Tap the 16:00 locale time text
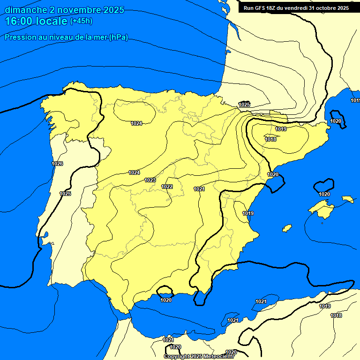[x=36, y=21]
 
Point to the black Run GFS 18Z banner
[x=296, y=8]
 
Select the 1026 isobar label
[x=57, y=164]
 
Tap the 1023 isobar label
[x=150, y=180]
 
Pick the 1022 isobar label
[x=167, y=187]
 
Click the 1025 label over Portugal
[x=65, y=194]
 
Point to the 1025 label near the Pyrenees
[x=244, y=104]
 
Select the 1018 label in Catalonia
[x=270, y=139]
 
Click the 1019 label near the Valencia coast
[x=248, y=214]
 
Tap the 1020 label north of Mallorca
[x=324, y=194]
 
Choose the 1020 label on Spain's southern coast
[x=166, y=300]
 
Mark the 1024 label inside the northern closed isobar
[x=136, y=123]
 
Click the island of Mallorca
[x=322, y=208]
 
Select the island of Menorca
[x=347, y=199]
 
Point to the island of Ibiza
[x=287, y=228]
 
